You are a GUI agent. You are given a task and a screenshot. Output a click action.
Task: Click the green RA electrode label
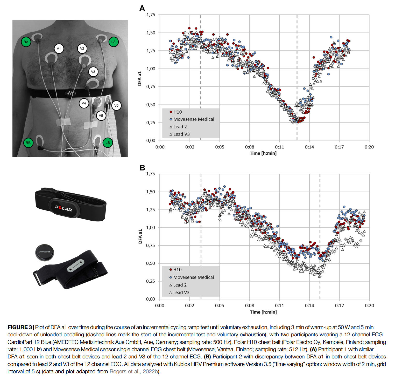[26, 42]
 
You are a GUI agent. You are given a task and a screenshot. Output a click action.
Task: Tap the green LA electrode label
[113, 42]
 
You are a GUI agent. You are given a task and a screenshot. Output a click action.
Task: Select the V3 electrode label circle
[93, 72]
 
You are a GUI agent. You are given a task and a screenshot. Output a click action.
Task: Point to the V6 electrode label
[116, 105]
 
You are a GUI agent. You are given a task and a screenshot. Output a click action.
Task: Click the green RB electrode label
[28, 143]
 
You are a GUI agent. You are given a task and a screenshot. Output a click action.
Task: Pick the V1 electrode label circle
[59, 49]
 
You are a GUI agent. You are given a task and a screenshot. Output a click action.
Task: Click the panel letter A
[142, 8]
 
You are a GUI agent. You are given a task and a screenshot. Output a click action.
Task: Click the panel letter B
[142, 168]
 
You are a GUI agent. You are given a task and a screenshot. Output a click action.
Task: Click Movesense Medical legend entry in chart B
[193, 277]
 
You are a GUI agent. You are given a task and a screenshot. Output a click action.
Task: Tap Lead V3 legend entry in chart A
[181, 134]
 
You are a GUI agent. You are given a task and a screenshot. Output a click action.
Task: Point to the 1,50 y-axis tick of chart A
[151, 33]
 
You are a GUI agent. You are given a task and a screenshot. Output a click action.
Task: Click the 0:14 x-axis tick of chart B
[309, 305]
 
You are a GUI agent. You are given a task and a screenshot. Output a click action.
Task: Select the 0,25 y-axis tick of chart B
[151, 281]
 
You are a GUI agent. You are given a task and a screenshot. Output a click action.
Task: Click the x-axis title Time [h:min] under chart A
[263, 153]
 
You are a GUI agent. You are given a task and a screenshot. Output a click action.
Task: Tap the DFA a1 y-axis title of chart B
[140, 236]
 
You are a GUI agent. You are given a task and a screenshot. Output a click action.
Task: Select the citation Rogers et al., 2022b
[134, 371]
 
